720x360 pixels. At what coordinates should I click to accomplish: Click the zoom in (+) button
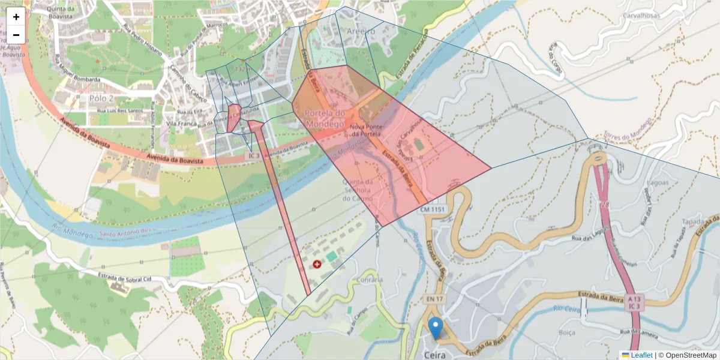(x=16, y=17)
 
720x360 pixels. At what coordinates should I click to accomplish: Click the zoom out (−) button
(x=16, y=35)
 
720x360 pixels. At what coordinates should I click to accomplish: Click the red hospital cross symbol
(x=317, y=264)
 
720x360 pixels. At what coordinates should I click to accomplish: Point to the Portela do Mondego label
(x=325, y=118)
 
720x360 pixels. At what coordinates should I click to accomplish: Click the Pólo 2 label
(x=101, y=98)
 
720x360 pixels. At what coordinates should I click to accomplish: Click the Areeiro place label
(x=360, y=31)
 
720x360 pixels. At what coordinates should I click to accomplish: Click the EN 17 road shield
(x=435, y=299)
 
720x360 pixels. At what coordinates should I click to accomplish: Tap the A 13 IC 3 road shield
(x=634, y=302)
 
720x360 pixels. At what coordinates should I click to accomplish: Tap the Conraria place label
(x=369, y=280)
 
